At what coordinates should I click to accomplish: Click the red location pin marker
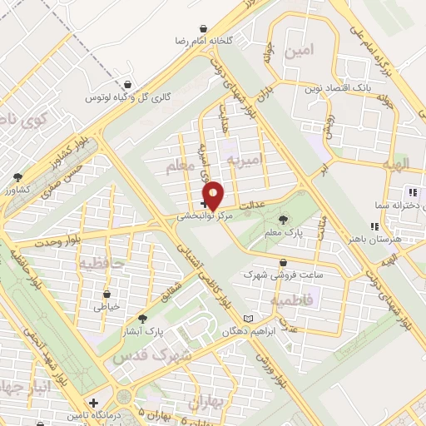tap(214, 195)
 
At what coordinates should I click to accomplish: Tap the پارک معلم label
tap(283, 232)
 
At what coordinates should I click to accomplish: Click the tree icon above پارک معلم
tap(284, 220)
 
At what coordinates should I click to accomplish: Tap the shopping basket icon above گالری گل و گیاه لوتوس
tap(126, 85)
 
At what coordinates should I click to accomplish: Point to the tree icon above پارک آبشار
tap(142, 319)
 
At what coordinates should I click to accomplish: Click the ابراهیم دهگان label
tap(218, 331)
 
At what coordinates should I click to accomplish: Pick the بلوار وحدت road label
tap(58, 241)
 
